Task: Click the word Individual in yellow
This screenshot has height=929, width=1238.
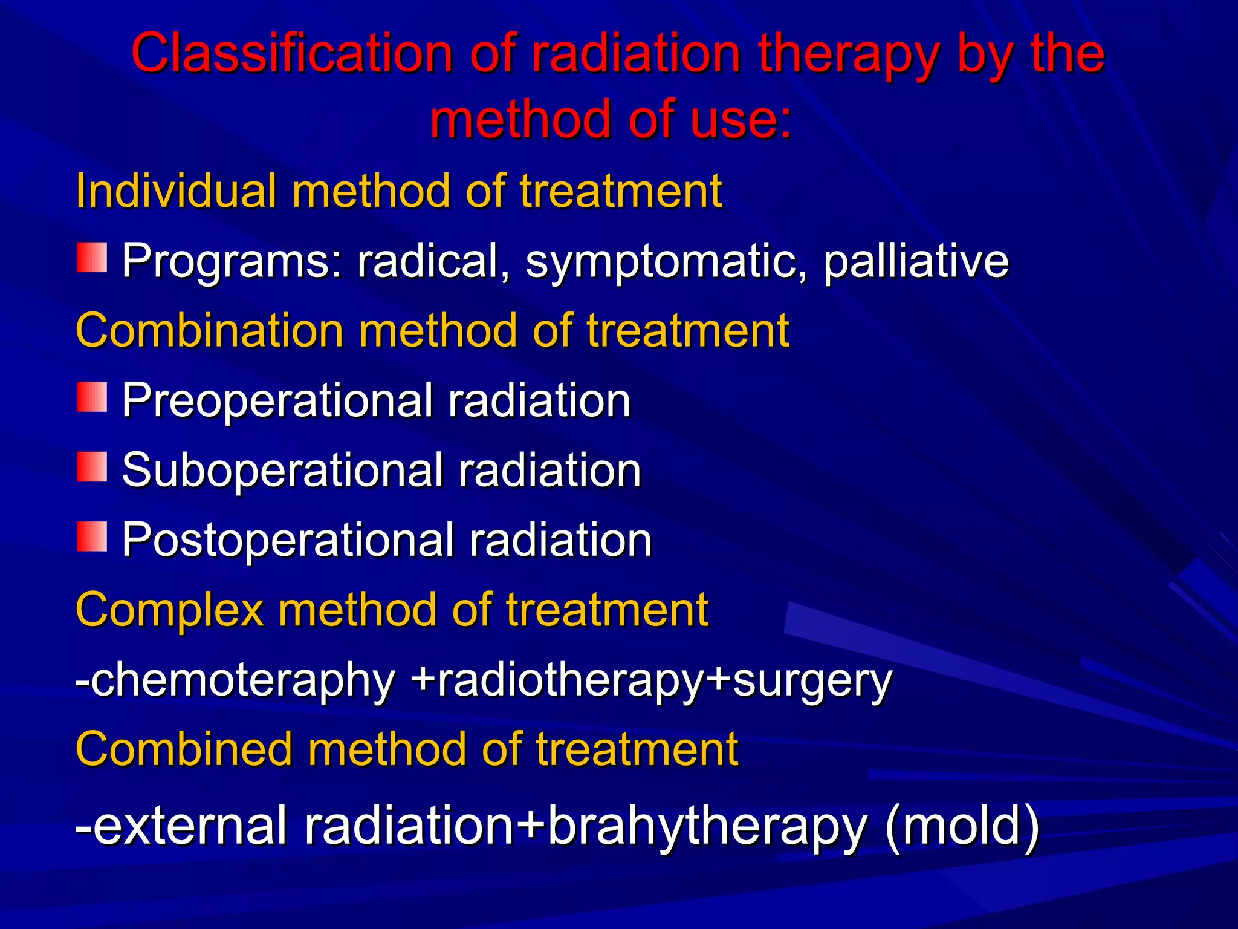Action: pos(175,191)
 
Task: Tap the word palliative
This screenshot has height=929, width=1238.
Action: pos(915,261)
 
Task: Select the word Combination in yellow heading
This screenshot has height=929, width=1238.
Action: pos(209,331)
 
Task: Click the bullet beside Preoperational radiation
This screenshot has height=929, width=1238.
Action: pos(92,397)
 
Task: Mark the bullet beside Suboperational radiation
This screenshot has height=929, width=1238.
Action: pos(92,466)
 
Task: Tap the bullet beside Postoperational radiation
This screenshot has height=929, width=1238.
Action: pos(92,536)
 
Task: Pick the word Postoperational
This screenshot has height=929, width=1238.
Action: pos(288,540)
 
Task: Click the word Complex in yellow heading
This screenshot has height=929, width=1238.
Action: pos(169,610)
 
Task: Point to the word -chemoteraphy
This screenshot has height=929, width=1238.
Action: pos(235,680)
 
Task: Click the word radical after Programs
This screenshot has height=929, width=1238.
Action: pos(432,261)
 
